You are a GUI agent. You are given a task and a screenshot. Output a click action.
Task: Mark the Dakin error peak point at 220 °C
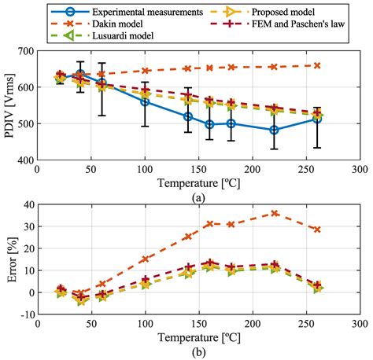coord(274,213)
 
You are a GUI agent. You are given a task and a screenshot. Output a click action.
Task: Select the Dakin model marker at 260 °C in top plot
coord(316,66)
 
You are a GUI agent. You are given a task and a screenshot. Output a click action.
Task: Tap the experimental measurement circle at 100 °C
coord(145,101)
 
